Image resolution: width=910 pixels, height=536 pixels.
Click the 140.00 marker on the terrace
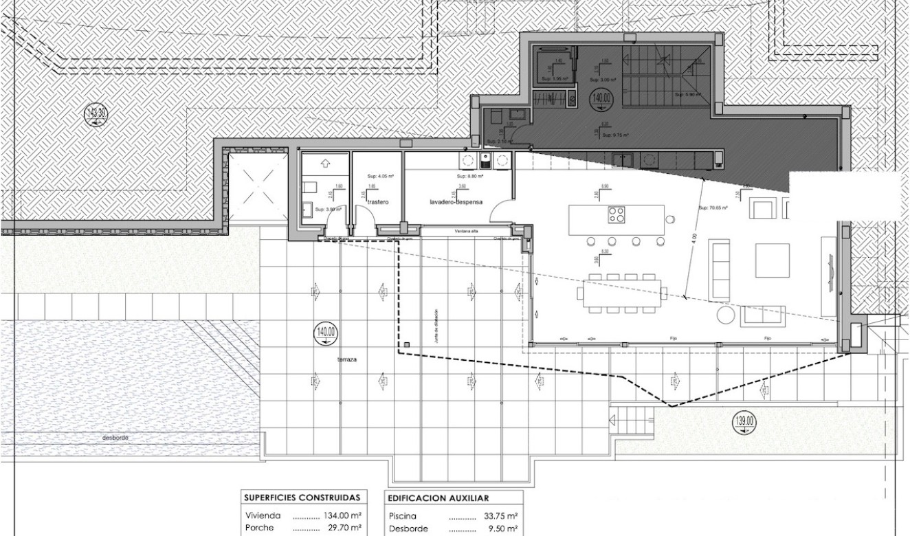pos(325,334)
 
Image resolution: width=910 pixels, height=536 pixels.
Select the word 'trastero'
pos(378,203)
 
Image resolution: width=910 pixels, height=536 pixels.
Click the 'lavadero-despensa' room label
pos(457,203)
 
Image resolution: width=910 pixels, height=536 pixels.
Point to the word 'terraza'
pos(347,359)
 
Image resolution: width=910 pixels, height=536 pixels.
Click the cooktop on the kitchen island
pos(617,214)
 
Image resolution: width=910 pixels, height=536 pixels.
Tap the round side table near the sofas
pos(726,315)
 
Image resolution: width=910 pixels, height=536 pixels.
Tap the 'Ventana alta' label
pos(465,232)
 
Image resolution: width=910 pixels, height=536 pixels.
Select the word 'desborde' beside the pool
pos(115,438)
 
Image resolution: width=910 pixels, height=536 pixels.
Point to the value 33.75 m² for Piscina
pos(500,515)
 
